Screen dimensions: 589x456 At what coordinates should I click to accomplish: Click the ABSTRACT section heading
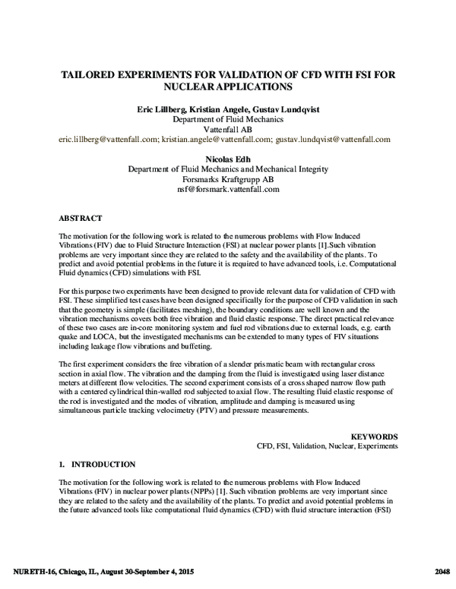tap(80, 216)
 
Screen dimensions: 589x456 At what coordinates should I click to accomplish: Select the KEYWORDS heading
tap(374, 436)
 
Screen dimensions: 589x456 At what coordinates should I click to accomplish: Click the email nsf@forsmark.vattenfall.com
tap(227, 188)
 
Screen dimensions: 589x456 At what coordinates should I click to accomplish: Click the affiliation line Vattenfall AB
tap(227, 129)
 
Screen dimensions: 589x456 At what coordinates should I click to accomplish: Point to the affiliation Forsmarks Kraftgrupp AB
tap(227, 178)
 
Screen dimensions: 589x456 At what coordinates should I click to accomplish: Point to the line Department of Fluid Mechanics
tap(227, 119)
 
